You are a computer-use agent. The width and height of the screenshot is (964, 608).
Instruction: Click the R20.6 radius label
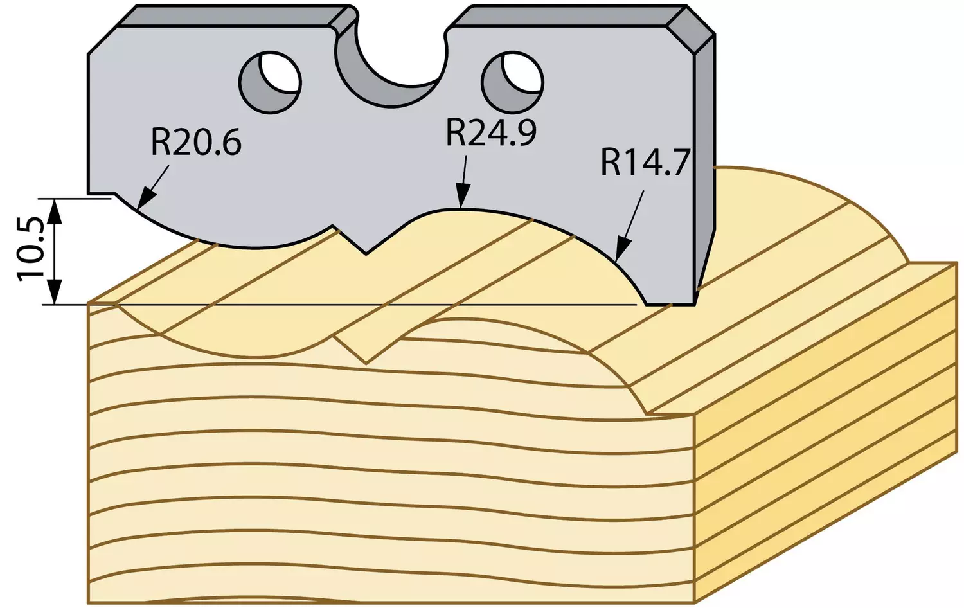point(196,142)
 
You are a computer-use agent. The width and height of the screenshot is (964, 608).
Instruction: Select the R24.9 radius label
point(491,132)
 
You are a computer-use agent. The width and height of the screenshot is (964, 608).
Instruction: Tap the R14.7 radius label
point(645,162)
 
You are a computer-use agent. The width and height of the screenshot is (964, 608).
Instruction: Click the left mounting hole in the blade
point(271,83)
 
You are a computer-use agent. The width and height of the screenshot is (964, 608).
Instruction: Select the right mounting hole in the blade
point(513,83)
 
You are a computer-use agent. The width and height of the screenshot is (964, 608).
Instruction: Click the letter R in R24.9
point(454,132)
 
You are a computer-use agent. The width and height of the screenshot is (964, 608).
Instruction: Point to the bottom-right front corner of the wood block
point(695,602)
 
